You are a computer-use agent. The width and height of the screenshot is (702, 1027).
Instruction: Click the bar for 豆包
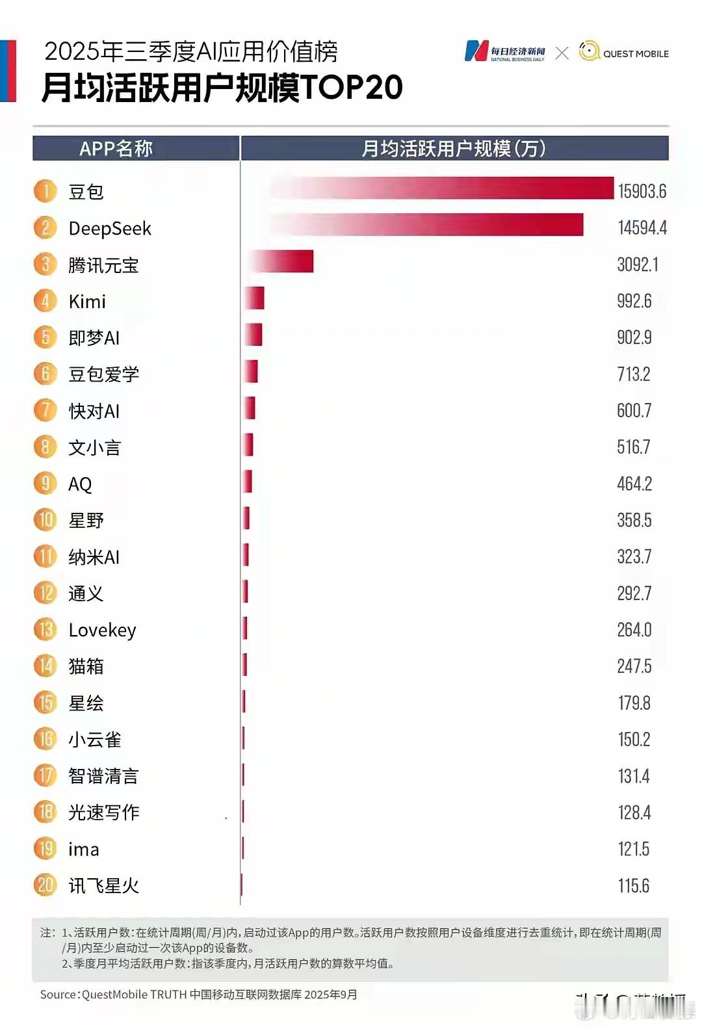click(x=442, y=188)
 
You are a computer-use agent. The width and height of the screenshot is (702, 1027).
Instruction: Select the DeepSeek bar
click(x=426, y=225)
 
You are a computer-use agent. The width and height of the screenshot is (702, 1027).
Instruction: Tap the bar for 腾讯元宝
click(x=281, y=261)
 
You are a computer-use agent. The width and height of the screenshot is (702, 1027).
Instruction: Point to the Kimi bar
click(x=255, y=298)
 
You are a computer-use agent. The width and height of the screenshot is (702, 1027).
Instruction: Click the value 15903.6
click(x=642, y=191)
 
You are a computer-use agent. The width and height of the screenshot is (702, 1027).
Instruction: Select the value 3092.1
click(x=637, y=265)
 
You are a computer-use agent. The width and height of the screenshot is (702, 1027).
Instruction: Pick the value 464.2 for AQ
click(x=634, y=484)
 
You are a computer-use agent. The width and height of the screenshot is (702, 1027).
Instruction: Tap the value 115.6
click(x=633, y=885)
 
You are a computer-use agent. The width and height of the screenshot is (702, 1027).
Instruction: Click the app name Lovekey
click(x=102, y=630)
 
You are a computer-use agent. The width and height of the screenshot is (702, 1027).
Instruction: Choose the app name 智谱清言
click(x=103, y=776)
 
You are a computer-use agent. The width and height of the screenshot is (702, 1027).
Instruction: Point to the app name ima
click(x=84, y=849)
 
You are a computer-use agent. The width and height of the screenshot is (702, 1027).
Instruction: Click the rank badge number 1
click(x=45, y=191)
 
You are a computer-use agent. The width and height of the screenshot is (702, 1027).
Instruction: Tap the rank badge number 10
click(x=45, y=520)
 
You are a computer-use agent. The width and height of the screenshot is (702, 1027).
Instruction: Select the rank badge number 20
click(x=45, y=885)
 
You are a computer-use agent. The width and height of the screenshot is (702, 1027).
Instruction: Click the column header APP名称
click(x=116, y=149)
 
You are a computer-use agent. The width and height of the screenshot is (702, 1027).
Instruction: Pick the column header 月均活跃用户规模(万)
click(x=453, y=149)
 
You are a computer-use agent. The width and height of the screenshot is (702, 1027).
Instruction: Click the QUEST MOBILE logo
click(x=623, y=52)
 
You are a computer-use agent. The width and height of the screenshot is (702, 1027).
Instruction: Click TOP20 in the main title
click(x=352, y=88)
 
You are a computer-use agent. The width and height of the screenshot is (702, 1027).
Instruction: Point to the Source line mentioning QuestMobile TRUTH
click(x=198, y=994)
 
